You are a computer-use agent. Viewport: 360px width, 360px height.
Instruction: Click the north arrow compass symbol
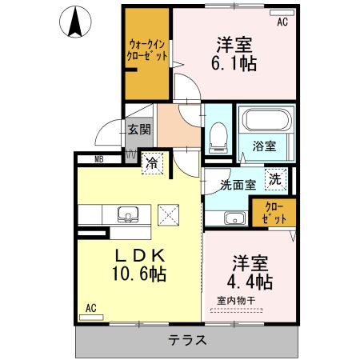(77, 22)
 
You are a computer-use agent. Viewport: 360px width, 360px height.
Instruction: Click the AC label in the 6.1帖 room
(282, 22)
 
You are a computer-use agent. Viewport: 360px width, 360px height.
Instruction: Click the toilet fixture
(217, 138)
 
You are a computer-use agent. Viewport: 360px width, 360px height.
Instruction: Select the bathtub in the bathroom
(267, 122)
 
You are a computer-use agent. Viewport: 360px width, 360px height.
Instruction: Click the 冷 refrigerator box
(152, 162)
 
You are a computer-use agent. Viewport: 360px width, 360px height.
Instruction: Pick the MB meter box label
(99, 159)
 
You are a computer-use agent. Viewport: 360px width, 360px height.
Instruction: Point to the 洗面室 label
(238, 185)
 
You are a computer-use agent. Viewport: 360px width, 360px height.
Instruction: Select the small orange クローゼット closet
(274, 211)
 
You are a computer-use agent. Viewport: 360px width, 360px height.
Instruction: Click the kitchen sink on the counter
(129, 214)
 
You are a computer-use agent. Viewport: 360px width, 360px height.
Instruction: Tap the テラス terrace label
(188, 340)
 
